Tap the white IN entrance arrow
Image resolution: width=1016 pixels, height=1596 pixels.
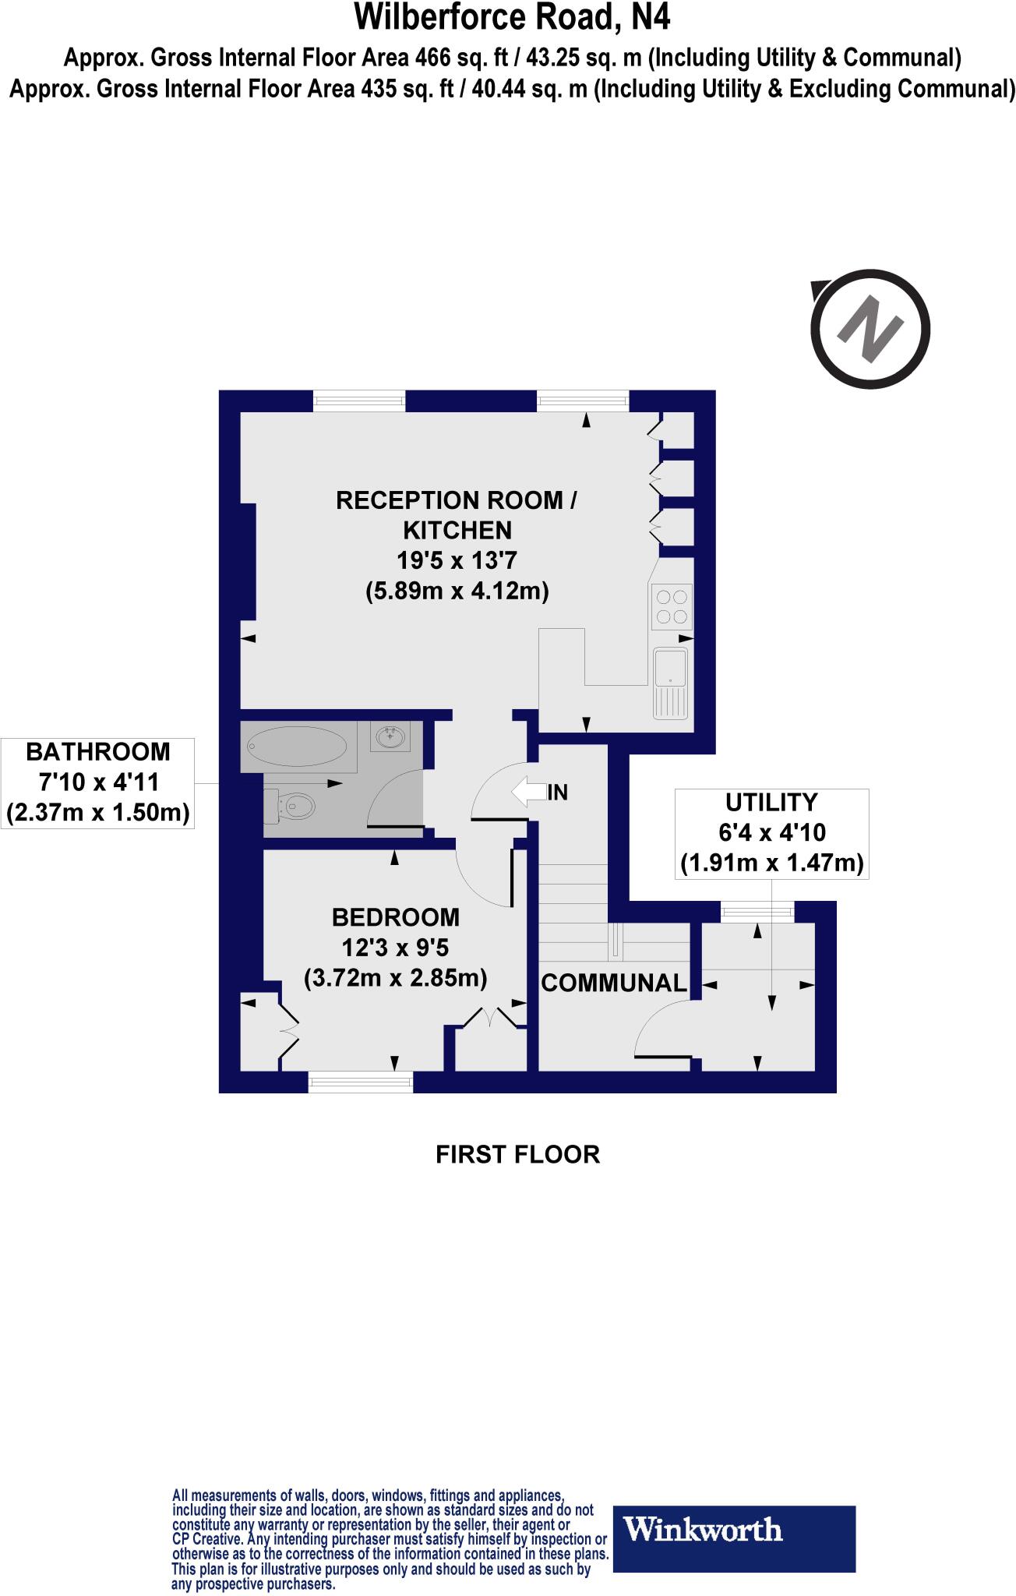tap(528, 793)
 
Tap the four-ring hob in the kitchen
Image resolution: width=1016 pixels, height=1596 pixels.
tap(672, 607)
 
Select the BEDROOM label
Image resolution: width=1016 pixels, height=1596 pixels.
tap(395, 917)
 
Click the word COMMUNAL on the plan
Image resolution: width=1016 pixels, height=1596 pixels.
tap(614, 983)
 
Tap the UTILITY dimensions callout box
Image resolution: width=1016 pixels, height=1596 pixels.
tap(771, 833)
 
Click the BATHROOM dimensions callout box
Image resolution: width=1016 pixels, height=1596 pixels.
tap(97, 782)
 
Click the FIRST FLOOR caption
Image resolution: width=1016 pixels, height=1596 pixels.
tap(517, 1154)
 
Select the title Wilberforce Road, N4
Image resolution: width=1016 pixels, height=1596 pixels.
tap(512, 17)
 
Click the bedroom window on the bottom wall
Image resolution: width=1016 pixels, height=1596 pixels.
tap(360, 1081)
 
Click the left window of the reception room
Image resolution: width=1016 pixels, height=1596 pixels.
tap(359, 401)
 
